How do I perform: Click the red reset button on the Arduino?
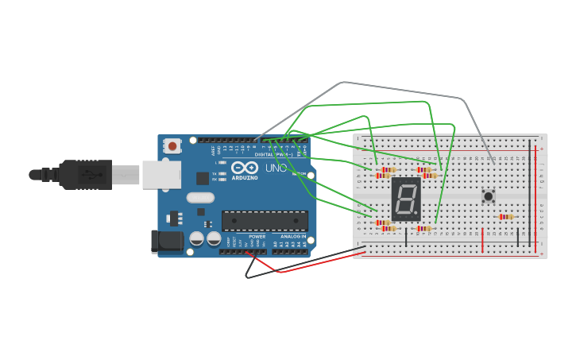click(x=172, y=146)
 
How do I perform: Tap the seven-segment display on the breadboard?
click(x=405, y=199)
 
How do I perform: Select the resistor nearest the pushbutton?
click(x=505, y=216)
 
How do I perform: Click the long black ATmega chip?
click(x=265, y=220)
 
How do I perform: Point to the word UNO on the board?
click(x=276, y=168)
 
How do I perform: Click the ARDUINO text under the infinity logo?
click(x=245, y=178)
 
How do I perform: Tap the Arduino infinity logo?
click(x=245, y=168)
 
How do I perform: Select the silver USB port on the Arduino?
click(x=161, y=174)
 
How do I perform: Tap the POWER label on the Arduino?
click(x=257, y=236)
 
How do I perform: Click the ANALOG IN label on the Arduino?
click(x=293, y=236)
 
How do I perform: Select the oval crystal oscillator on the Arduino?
click(x=200, y=197)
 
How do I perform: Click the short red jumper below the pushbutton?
click(x=481, y=239)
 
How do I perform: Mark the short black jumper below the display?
click(x=406, y=236)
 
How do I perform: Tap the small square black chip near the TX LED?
click(x=203, y=178)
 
